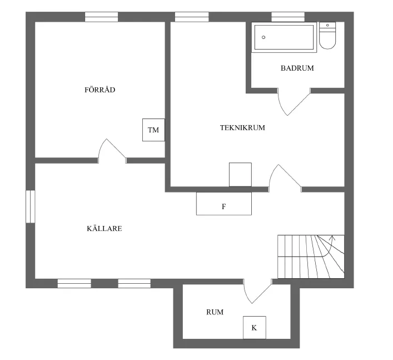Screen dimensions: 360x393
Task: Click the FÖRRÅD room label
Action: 100,90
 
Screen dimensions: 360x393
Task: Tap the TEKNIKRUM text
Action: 242,127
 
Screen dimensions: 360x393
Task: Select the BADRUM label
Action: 297,68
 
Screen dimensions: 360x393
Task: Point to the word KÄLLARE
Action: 104,229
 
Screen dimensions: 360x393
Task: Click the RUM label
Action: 215,312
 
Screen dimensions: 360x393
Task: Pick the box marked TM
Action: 153,130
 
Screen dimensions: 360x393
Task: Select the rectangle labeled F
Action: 223,204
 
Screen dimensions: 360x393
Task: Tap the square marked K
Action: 254,327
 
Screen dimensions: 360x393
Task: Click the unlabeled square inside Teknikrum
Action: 240,174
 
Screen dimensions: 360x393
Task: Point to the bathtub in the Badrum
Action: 284,37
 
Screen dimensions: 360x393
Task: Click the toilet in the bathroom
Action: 328,36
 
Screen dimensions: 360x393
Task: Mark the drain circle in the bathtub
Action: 263,37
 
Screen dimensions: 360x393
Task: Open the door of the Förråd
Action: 112,150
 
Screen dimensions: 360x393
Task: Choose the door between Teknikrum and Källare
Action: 284,177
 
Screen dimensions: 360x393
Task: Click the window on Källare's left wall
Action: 30,206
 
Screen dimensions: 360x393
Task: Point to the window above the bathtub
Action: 288,17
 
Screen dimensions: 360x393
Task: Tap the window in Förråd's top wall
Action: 101,17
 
